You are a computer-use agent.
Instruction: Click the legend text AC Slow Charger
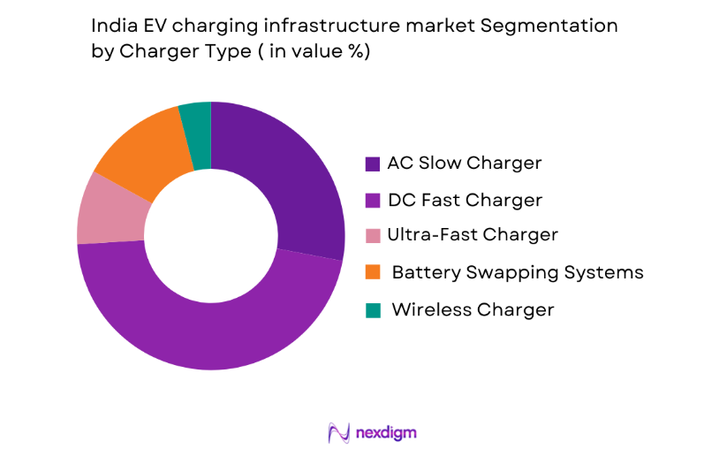coord(464,164)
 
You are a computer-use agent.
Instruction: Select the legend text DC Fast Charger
coord(464,200)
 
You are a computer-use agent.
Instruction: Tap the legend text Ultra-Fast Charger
coord(472,235)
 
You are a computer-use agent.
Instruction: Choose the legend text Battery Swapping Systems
coord(517,272)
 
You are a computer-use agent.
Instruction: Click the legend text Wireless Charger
coord(473,309)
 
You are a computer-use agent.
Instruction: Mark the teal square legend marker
coord(374,310)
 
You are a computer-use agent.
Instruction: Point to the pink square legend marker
coord(374,236)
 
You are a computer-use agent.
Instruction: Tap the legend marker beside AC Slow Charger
coord(374,164)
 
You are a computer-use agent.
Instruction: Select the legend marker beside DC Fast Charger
coord(374,201)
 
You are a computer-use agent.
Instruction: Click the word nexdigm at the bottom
coord(385,433)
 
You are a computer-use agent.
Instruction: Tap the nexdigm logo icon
coord(339,432)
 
